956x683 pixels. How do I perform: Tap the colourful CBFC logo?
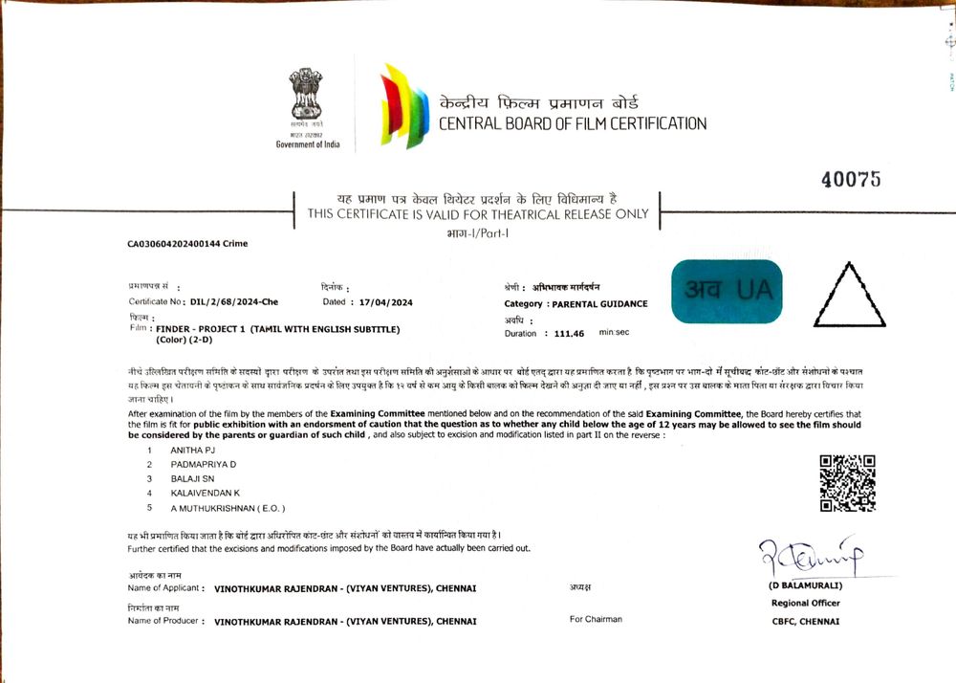[403, 105]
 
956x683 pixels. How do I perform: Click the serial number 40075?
[850, 180]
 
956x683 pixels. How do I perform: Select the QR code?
[847, 484]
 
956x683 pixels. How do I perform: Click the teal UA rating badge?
[727, 291]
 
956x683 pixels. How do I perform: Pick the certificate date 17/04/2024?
[385, 302]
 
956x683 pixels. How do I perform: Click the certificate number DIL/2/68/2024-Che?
[233, 302]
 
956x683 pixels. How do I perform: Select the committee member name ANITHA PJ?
[192, 450]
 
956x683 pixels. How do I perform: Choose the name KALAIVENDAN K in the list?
[205, 493]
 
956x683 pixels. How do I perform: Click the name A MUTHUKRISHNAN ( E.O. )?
[228, 508]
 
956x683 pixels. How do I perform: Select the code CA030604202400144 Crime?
[187, 244]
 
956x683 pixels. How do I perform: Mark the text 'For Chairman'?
[596, 619]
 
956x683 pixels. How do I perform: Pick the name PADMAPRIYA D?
[204, 464]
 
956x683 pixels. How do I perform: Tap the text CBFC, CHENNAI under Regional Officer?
[806, 621]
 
